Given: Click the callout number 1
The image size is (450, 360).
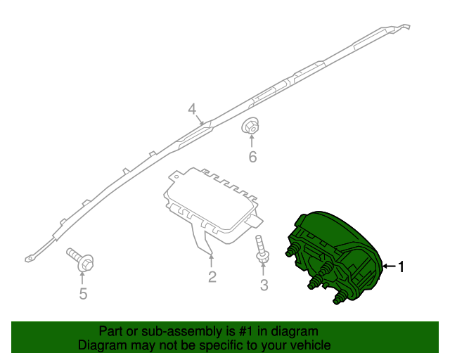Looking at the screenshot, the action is tap(401, 266).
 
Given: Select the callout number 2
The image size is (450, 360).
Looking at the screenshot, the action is tap(212, 277).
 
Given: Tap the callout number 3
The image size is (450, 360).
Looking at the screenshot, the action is tap(264, 285).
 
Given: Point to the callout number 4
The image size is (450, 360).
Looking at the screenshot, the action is tap(192, 110).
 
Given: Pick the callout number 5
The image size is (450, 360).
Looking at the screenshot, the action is tap(83, 294).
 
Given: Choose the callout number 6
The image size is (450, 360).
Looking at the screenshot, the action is tap(252, 157).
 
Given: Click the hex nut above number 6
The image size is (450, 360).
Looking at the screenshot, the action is tap(250, 127).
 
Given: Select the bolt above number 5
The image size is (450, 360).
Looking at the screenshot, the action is tap(80, 259).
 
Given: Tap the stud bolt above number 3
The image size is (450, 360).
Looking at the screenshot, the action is tap(262, 248).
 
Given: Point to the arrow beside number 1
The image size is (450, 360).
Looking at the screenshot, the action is tap(390, 266).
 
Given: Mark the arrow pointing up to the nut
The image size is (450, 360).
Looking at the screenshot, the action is tap(252, 141).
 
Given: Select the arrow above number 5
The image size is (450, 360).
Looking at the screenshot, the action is tap(82, 278).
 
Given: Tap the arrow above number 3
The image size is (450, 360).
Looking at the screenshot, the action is tap(263, 269).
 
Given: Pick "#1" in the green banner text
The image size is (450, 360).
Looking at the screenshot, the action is tap(245, 332).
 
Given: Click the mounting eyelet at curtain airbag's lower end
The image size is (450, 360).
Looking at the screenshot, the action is tap(28, 259).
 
